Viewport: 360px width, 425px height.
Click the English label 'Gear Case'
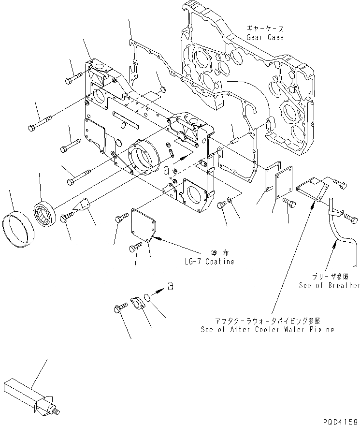(x=265, y=38)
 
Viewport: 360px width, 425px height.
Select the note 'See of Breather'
(x=329, y=285)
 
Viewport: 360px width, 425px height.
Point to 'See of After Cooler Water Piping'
(x=267, y=330)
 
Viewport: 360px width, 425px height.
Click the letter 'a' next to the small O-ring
(x=170, y=287)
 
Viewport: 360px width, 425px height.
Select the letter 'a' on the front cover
(x=166, y=170)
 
